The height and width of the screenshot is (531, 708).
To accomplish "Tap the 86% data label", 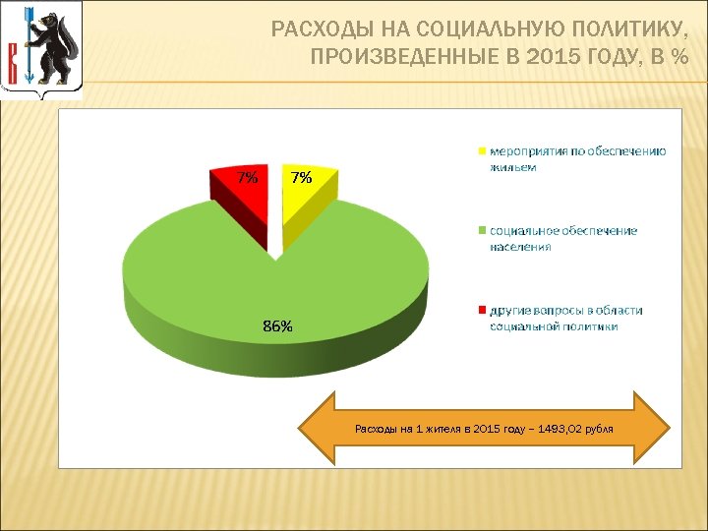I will click(277, 326).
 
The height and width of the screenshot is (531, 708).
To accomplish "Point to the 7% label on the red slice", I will click(248, 178).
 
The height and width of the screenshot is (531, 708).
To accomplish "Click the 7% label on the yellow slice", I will click(301, 178).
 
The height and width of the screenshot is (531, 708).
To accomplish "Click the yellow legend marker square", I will click(481, 152).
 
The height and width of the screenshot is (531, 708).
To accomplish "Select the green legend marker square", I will click(481, 231).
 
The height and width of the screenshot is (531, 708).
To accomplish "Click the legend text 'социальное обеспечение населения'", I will click(563, 238).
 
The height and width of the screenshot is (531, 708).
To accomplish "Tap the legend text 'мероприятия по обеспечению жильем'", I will click(577, 158).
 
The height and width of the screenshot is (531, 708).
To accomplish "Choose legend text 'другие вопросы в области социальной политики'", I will click(565, 318).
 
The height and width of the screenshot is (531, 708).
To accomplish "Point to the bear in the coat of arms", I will click(55, 49).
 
